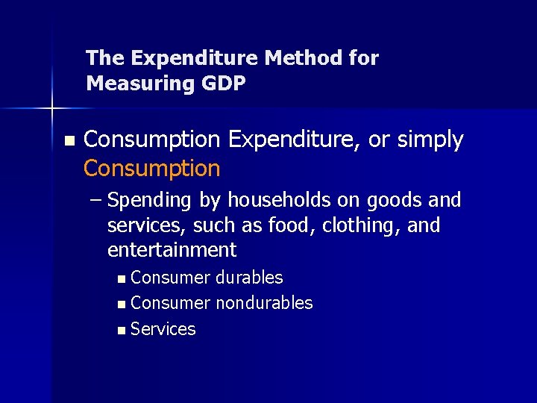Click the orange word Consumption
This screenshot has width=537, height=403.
[152, 169]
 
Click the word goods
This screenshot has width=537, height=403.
[389, 200]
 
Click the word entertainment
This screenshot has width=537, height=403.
[172, 249]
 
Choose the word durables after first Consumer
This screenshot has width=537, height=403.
[249, 278]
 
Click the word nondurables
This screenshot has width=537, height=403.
[264, 303]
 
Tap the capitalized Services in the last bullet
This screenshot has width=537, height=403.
[163, 329]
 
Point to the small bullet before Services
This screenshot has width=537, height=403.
[122, 330]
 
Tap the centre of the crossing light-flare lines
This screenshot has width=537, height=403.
[53, 109]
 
